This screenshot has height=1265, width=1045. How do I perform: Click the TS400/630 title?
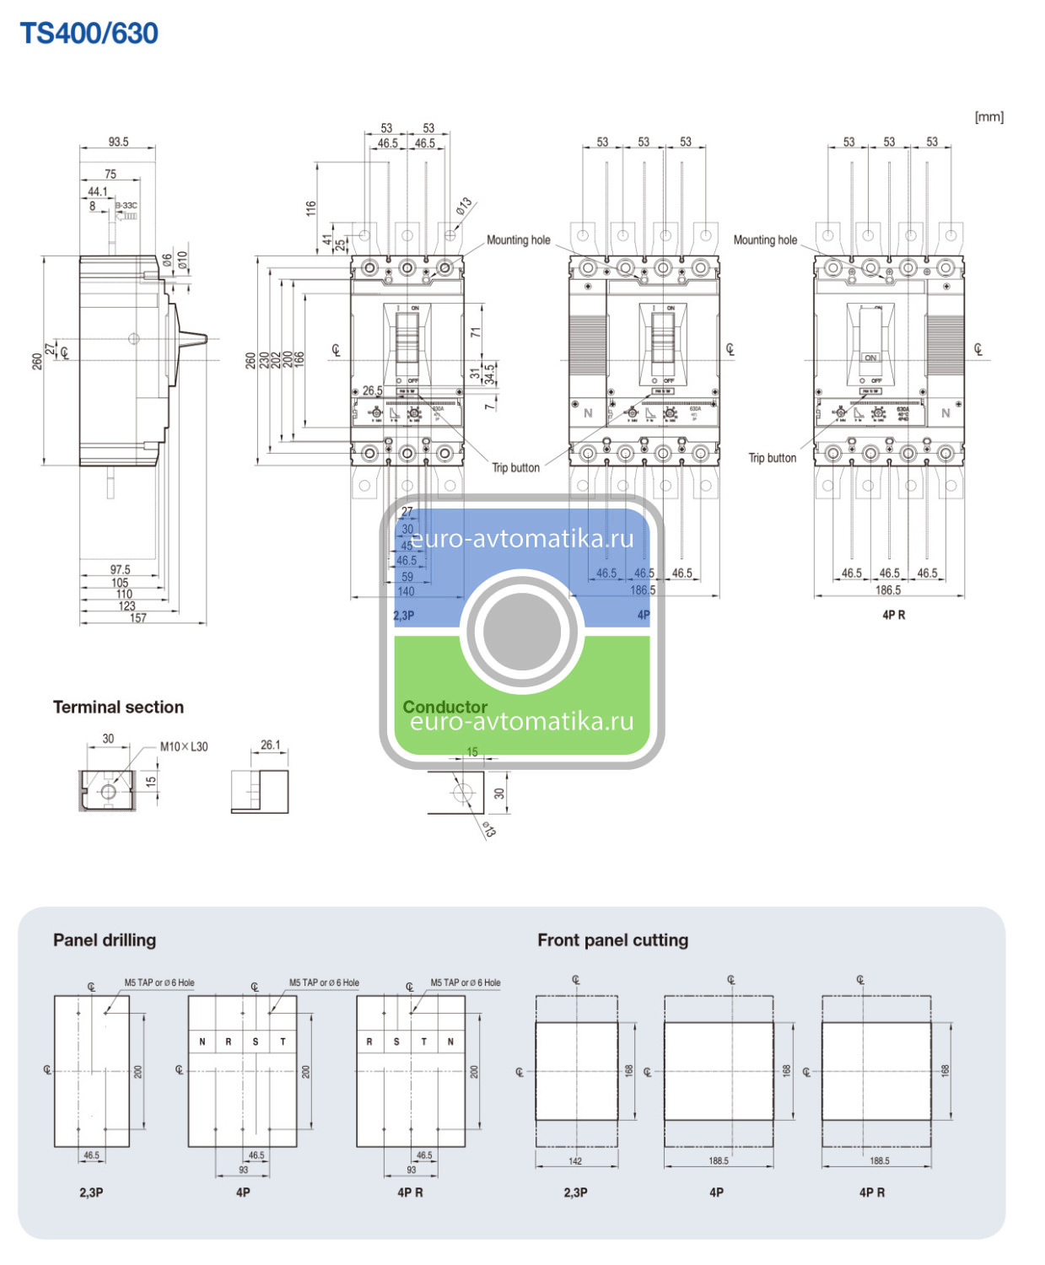pyautogui.click(x=89, y=34)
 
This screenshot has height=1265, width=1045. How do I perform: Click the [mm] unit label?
pyautogui.click(x=988, y=116)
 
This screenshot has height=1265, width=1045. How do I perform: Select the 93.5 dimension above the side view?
pyautogui.click(x=118, y=142)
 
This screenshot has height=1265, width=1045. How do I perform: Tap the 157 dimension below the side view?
pyautogui.click(x=137, y=618)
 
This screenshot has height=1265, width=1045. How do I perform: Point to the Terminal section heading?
pyautogui.click(x=118, y=707)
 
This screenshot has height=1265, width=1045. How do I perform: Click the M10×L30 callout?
pyautogui.click(x=184, y=746)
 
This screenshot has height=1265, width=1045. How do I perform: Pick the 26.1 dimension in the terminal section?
pyautogui.click(x=270, y=745)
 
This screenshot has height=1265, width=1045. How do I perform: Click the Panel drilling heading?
pyautogui.click(x=105, y=939)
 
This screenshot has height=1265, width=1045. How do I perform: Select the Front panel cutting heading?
pyautogui.click(x=612, y=939)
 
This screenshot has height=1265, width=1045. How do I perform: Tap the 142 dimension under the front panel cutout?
pyautogui.click(x=575, y=1161)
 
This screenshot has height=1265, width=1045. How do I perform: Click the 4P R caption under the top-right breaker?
pyautogui.click(x=893, y=615)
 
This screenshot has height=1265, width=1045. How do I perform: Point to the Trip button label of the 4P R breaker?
pyautogui.click(x=772, y=458)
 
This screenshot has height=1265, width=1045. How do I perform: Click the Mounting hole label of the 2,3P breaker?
pyautogui.click(x=518, y=240)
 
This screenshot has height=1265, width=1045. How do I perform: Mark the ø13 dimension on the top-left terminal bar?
pyautogui.click(x=464, y=207)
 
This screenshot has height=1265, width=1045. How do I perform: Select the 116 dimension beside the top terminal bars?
pyautogui.click(x=310, y=208)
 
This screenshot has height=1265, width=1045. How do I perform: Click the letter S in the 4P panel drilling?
pyautogui.click(x=256, y=1042)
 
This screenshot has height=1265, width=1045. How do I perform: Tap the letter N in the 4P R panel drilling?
pyautogui.click(x=450, y=1042)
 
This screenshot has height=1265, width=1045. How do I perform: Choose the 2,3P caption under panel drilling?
pyautogui.click(x=91, y=1192)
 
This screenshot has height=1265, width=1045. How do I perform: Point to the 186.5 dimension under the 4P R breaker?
pyautogui.click(x=887, y=589)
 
